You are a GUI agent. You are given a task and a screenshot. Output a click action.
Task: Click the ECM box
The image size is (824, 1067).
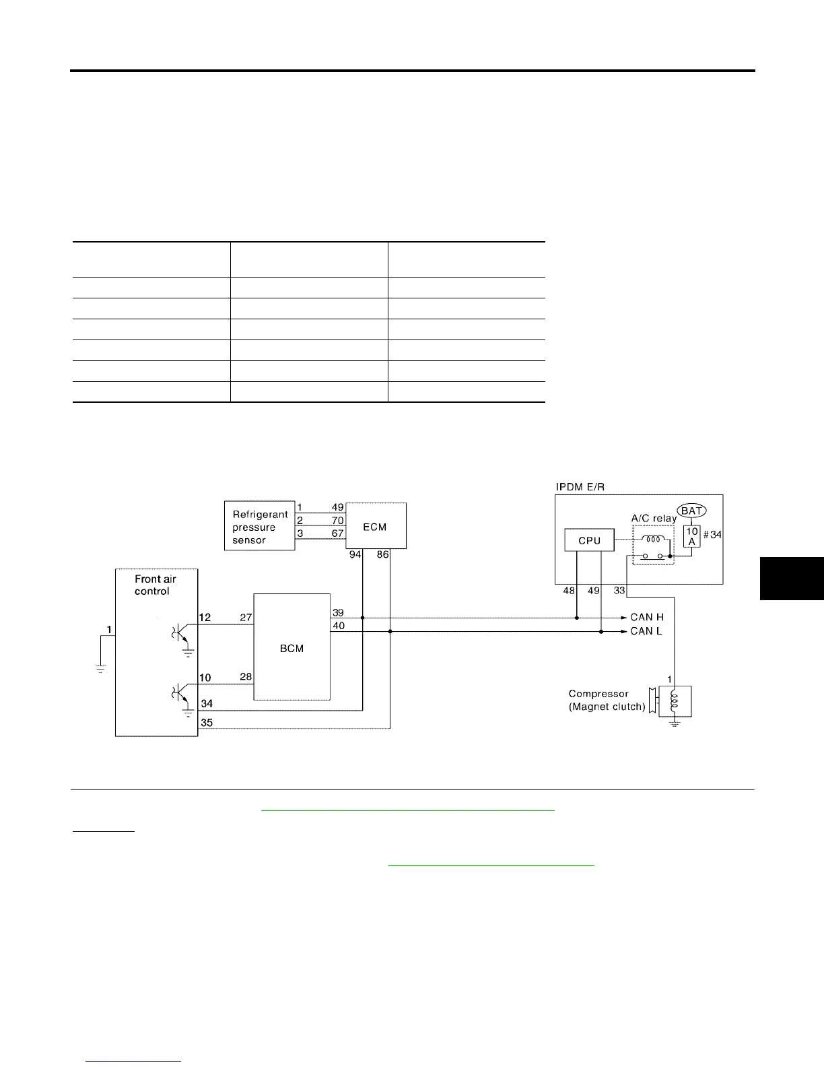pos(376,527)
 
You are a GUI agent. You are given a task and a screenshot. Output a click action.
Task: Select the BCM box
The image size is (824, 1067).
pos(291,648)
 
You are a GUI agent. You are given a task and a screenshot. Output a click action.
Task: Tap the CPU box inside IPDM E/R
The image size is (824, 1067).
pos(589,541)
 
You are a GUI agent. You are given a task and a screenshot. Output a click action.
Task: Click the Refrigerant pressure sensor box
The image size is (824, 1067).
pos(259,527)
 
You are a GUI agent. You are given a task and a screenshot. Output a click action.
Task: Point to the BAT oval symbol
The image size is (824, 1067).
pos(692,511)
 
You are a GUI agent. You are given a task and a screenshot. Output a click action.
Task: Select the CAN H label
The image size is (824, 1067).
pos(646,617)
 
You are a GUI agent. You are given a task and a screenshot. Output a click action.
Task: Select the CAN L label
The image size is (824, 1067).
pos(646,631)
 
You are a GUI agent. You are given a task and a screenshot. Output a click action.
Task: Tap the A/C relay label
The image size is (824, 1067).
pos(653,519)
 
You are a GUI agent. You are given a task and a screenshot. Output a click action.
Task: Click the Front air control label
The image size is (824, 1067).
pos(155,585)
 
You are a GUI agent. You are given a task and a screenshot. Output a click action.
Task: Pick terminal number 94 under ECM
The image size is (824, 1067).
pos(355,555)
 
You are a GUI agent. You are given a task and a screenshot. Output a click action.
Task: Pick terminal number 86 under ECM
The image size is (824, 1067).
pos(382,555)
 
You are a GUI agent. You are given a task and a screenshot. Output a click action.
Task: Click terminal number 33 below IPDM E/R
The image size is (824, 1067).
pos(619,591)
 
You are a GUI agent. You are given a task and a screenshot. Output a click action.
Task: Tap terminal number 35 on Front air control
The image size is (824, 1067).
pos(207,723)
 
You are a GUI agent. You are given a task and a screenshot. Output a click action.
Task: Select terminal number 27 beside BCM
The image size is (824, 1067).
pos(246,617)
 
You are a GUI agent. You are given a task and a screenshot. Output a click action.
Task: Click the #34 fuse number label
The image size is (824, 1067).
pos(712,536)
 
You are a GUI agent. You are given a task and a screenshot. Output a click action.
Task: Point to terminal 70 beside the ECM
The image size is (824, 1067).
pos(337,521)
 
